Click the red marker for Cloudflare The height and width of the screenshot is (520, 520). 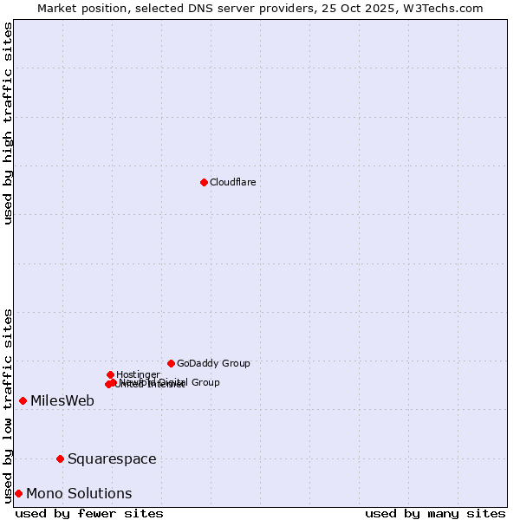(204, 182)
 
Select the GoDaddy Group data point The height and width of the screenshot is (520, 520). (171, 363)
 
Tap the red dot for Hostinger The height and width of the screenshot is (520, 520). (110, 374)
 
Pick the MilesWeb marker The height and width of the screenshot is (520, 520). (23, 400)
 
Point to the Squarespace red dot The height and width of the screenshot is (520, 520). (60, 458)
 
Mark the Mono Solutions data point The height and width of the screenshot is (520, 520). (18, 493)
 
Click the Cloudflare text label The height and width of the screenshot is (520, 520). (232, 182)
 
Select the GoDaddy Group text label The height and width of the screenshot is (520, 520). (213, 363)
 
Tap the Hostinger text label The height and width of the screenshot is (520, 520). (138, 374)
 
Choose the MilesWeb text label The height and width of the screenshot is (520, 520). (62, 400)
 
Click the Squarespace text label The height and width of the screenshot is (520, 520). (112, 458)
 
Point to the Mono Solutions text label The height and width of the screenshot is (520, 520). (79, 493)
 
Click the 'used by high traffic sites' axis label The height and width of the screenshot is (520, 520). (8, 123)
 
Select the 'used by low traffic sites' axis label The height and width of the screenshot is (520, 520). (8, 405)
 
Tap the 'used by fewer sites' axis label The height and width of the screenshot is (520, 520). (89, 513)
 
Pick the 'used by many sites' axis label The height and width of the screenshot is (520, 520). (435, 513)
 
